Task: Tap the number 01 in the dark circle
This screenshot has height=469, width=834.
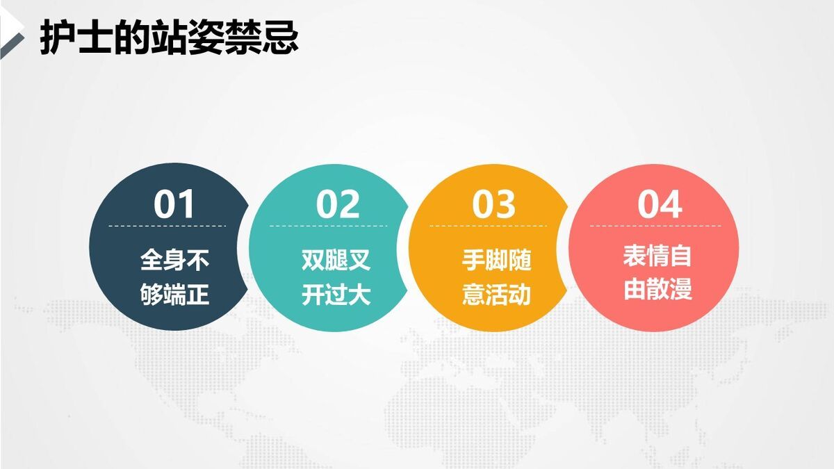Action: click(174, 204)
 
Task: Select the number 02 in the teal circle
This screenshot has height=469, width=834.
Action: click(338, 204)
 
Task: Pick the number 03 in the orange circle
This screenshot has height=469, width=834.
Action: click(494, 204)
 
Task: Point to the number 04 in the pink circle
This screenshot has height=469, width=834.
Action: click(660, 204)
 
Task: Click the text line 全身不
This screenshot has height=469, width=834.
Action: click(174, 261)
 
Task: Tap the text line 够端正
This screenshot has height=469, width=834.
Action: click(174, 295)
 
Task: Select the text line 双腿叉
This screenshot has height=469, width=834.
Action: click(336, 261)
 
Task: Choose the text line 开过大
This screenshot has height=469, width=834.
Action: click(336, 295)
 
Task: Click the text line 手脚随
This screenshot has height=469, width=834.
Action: click(496, 261)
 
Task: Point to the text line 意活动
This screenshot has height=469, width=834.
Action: click(496, 295)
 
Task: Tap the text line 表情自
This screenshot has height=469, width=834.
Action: click(657, 256)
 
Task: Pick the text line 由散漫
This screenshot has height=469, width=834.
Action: click(657, 289)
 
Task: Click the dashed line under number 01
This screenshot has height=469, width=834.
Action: click(167, 226)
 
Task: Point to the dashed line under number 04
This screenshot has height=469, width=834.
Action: click(655, 226)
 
